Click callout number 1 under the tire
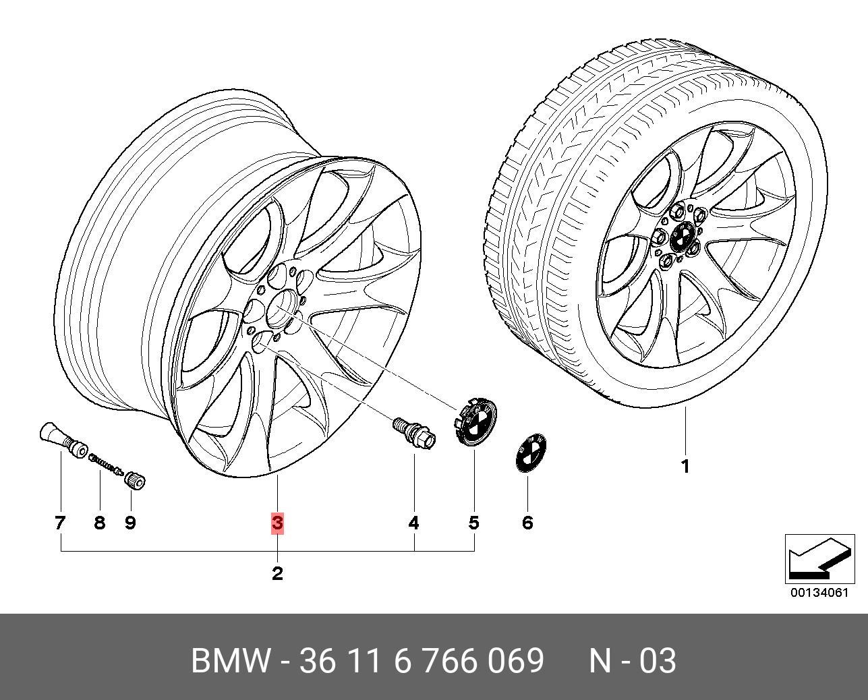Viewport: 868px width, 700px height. tap(685, 467)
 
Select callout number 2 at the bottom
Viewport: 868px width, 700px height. tap(277, 573)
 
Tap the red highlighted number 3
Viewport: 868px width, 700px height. tap(277, 523)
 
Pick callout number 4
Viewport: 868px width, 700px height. tap(414, 523)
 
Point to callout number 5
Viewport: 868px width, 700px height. tap(474, 523)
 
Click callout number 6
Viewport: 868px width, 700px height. tap(527, 523)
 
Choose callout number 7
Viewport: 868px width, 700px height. tap(60, 523)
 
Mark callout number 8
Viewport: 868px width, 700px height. tap(100, 523)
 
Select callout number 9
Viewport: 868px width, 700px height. tap(130, 523)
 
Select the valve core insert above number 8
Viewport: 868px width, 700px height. tap(106, 463)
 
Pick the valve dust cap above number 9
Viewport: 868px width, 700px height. tap(136, 480)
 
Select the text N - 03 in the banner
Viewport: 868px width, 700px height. tap(633, 661)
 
